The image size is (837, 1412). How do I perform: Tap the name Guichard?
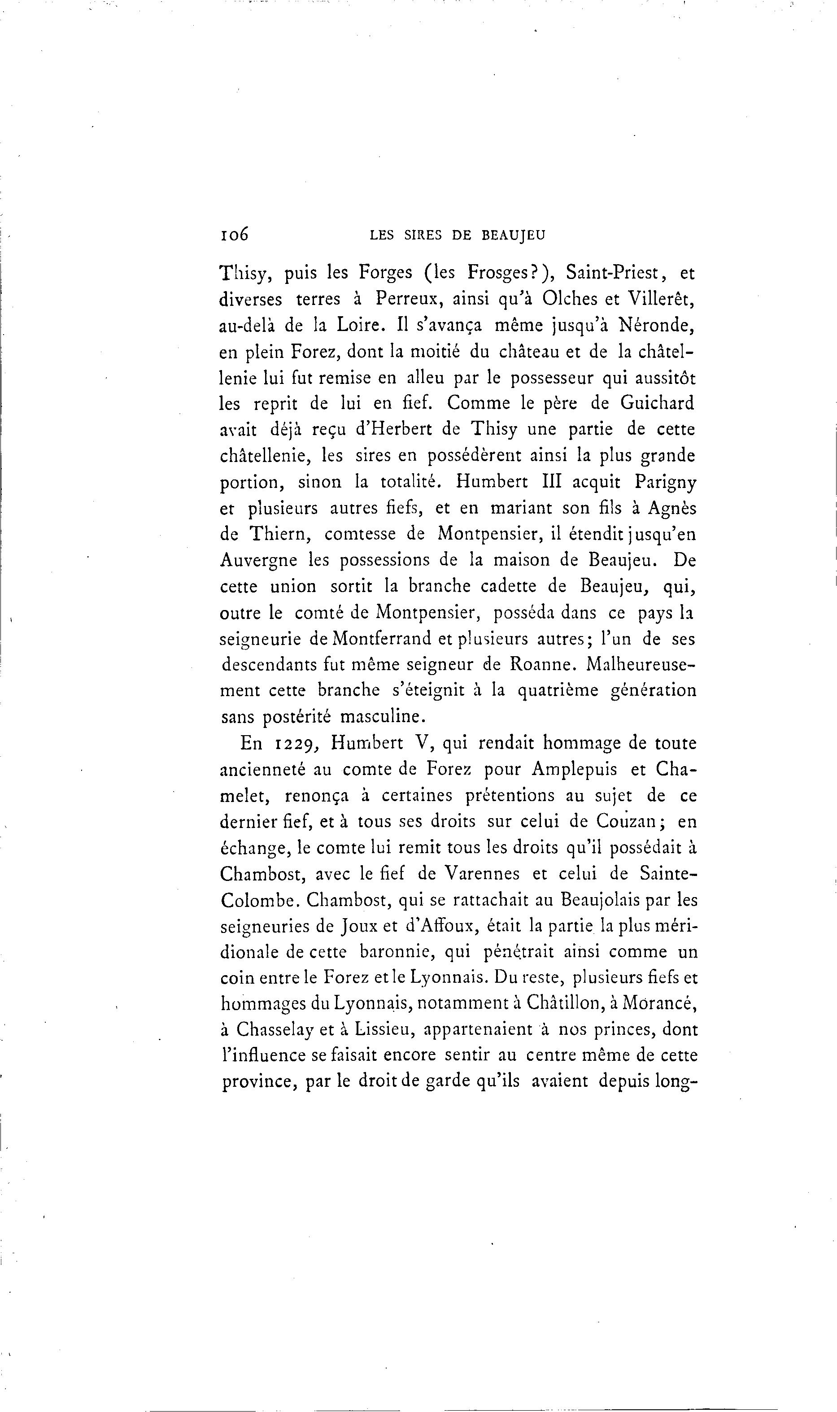[x=657, y=403]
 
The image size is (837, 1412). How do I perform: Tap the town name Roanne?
[x=543, y=664]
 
